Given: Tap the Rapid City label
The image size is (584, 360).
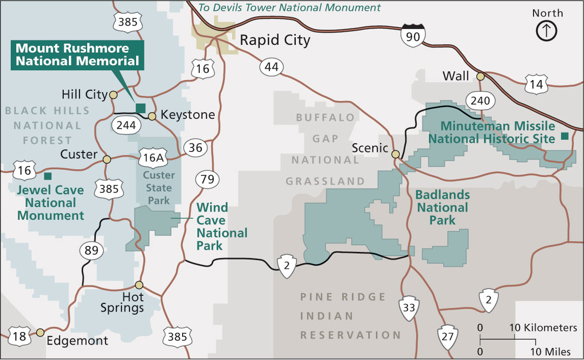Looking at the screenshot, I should [275, 40].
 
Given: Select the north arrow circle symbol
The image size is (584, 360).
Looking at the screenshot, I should [546, 31].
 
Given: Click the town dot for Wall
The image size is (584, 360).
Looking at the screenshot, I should [480, 76].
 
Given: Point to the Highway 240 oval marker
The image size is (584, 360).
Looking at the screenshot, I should [480, 100].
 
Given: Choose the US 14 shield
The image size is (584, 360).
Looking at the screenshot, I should [537, 84].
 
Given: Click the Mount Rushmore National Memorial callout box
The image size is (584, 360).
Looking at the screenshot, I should [78, 55].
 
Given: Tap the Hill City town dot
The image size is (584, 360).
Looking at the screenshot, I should [113, 95].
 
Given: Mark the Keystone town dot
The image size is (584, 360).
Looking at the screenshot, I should [152, 116].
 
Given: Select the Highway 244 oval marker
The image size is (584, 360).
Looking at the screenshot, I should [125, 125].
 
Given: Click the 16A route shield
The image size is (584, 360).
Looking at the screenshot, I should [153, 158].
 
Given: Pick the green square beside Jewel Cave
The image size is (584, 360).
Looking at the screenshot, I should [47, 176].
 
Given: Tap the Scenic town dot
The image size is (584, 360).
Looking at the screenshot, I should [395, 154].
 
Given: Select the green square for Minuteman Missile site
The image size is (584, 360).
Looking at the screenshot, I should [564, 136].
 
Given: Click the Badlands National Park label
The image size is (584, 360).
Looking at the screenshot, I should [442, 208].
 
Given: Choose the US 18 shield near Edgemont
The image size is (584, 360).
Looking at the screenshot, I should [19, 337].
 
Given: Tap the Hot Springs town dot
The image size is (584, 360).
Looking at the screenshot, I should [139, 285].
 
